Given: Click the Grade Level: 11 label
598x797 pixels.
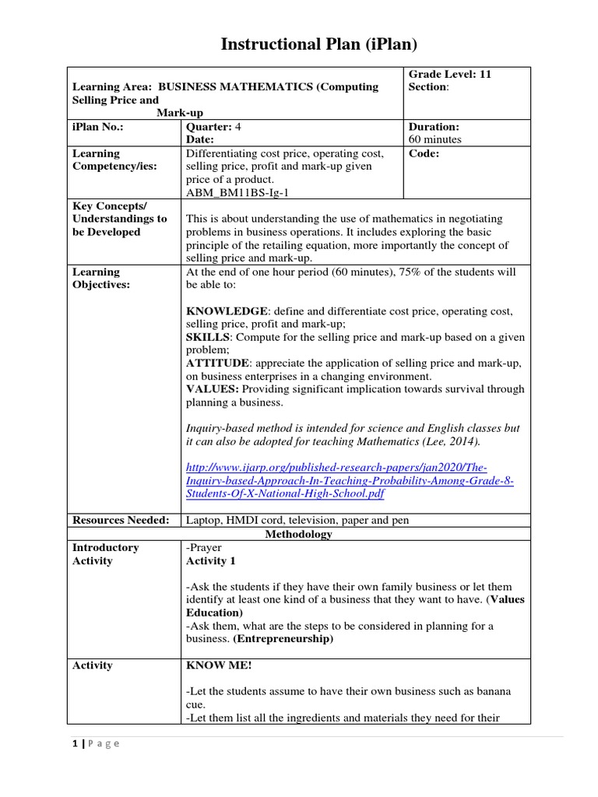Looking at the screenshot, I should point(450,74).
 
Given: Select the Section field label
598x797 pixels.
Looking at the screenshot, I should point(428,87).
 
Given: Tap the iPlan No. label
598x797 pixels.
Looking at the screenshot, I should point(98,126).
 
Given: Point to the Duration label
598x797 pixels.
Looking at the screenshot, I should point(434,126).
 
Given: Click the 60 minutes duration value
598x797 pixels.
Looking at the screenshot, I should point(435,139).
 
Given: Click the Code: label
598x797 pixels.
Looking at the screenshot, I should point(424,153).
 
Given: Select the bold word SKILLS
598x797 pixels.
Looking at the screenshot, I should point(208,337).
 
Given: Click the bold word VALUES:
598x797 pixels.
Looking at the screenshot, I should point(213,389).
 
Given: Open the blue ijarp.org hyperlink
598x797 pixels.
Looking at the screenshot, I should point(349,481).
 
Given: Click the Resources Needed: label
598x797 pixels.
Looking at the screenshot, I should point(120,520).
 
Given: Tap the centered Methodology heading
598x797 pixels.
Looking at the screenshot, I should point(298,534).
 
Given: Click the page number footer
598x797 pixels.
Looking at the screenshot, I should point(91,743).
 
